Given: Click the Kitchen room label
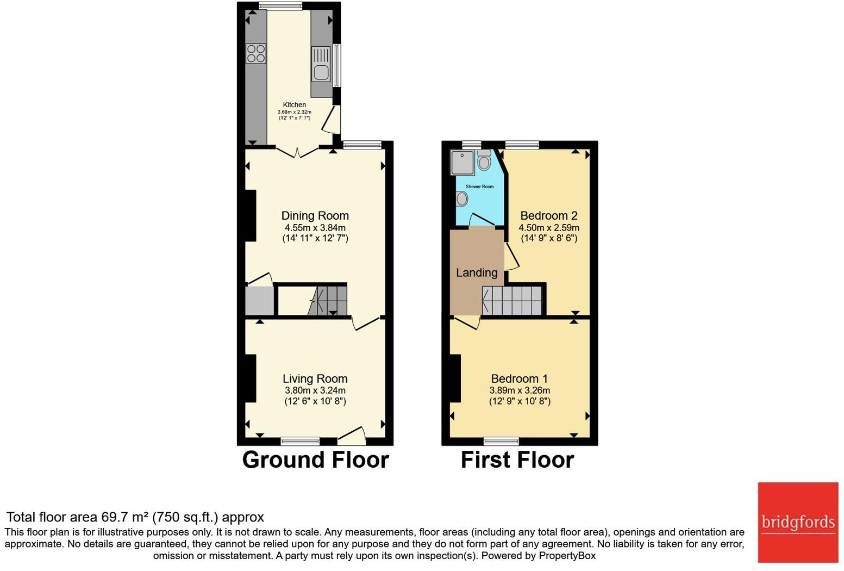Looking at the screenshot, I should [294, 105].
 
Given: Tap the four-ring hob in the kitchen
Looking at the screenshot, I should [255, 53].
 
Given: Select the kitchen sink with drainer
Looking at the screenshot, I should [321, 65].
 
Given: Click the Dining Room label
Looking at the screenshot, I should [315, 216].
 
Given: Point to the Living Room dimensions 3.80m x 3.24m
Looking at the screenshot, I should [315, 390].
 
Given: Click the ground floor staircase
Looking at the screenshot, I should [328, 300].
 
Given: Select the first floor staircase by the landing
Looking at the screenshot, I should [512, 301].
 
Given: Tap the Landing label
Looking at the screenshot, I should [477, 273].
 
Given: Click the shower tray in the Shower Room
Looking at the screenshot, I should [462, 163].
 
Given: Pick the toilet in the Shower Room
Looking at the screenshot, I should [484, 160].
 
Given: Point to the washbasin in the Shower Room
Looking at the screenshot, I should [461, 199].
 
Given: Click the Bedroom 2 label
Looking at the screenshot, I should [548, 216].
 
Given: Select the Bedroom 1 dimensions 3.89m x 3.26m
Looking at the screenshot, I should [520, 390].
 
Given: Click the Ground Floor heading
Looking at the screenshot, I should [315, 460].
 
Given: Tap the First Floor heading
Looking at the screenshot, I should [517, 460].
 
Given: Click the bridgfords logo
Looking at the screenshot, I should [798, 523].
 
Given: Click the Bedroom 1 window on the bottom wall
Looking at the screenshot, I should [501, 441].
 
